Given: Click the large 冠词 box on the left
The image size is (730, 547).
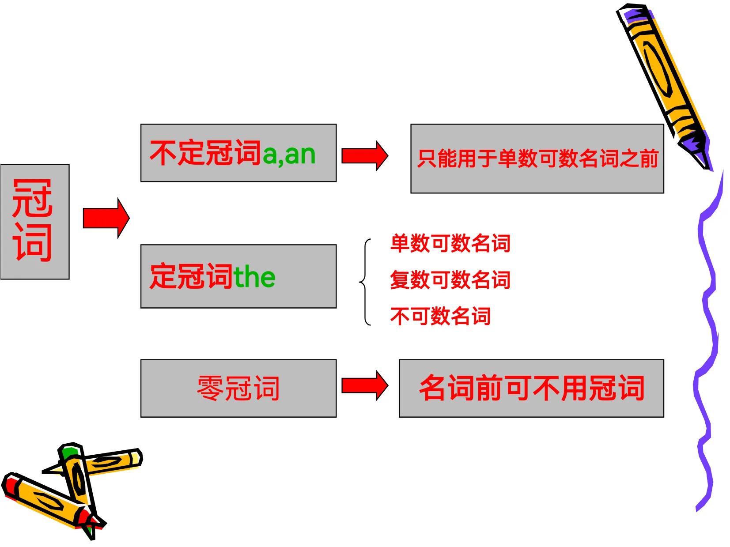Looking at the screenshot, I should coord(34,221).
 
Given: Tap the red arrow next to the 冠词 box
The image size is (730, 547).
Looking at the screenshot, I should coord(106,218).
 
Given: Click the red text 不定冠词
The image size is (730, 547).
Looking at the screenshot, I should coord(205,153).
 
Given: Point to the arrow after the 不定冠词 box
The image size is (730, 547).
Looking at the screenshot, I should coord(364,155).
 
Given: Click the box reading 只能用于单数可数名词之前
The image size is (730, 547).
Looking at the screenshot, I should coord(537,159).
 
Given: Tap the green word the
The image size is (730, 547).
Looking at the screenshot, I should coord(254,277).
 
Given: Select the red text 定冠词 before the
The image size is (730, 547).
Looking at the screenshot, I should coord(191,277).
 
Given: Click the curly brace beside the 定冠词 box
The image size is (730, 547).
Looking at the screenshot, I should coord(365,282).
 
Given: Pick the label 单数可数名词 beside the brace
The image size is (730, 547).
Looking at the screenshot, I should coord(450,243).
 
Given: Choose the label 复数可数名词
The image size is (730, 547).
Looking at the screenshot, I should coord(450,280).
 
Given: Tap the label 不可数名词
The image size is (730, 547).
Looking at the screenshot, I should coord(440,316).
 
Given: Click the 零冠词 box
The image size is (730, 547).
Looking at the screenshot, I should coord(238,388).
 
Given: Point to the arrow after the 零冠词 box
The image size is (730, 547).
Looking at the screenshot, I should coord(364,385).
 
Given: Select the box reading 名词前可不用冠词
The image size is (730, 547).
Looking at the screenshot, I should coord(531,388).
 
